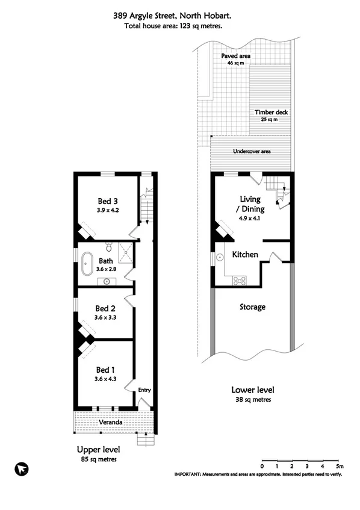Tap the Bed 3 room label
(109, 201)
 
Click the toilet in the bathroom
(109, 247)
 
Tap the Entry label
(144, 390)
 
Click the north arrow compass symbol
(22, 468)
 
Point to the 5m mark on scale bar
(339, 466)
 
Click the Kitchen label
(245, 255)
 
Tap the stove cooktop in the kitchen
(239, 279)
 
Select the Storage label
(252, 307)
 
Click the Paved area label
(235, 56)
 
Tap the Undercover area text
(251, 151)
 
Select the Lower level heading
(252, 390)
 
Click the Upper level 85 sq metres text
(99, 459)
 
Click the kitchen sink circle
(220, 256)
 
